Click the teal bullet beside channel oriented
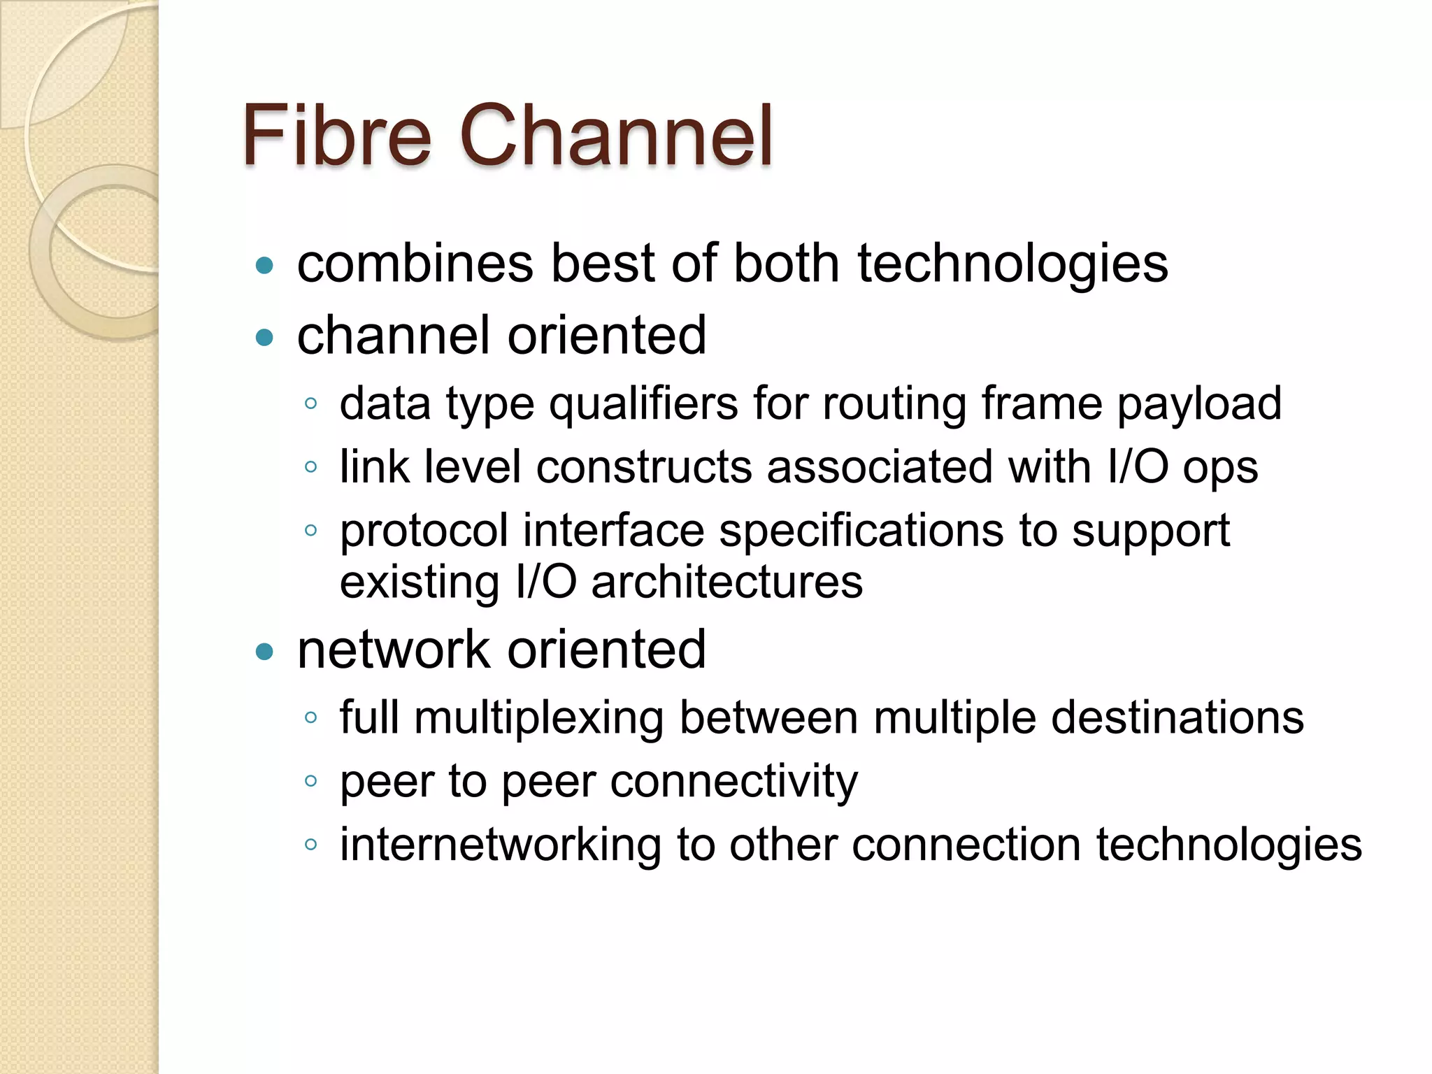point(264,338)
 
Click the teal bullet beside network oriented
point(264,652)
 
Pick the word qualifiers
point(643,404)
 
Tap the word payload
point(1199,404)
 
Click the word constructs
point(643,467)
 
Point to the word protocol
point(424,531)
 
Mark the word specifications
point(861,531)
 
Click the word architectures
point(727,582)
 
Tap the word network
point(394,650)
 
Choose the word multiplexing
point(539,718)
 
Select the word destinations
point(1177,717)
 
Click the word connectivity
point(734,781)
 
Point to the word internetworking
point(500,845)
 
